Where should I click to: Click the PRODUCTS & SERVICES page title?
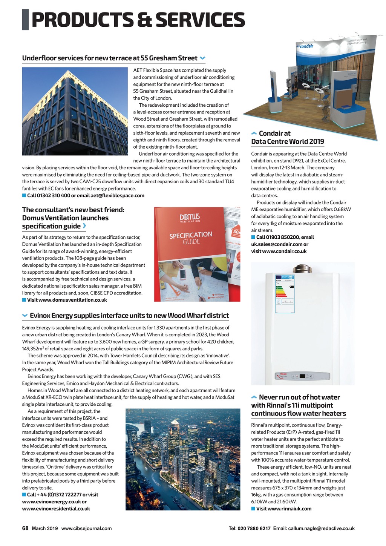(x=138, y=20)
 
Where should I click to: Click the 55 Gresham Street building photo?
(x=75, y=111)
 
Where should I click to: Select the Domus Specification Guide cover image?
(x=197, y=254)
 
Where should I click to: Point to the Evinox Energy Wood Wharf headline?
(x=129, y=315)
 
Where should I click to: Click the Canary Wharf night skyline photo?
(x=183, y=459)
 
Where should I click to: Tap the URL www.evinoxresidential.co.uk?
(x=56, y=508)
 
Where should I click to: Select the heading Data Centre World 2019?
(x=288, y=141)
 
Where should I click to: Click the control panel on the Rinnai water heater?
(x=302, y=376)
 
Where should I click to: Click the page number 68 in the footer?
(x=25, y=528)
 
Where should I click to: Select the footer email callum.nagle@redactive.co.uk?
(x=321, y=528)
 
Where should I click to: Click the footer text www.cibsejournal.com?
(x=86, y=528)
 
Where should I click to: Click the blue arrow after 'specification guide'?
(x=84, y=226)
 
